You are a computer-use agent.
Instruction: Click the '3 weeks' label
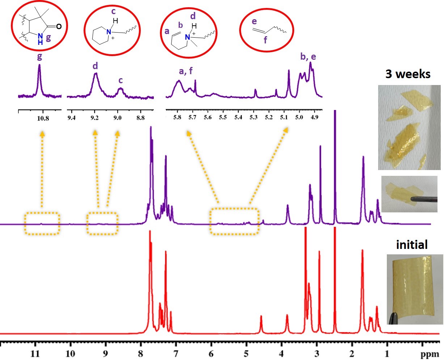click(x=407, y=74)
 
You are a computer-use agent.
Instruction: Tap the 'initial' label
click(x=412, y=245)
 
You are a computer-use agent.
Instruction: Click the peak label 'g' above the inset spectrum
click(x=39, y=56)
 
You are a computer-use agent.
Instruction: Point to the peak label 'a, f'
click(x=186, y=72)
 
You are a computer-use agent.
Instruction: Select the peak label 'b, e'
click(x=308, y=57)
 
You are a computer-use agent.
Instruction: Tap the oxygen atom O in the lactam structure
click(x=59, y=26)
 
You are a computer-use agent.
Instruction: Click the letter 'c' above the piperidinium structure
click(x=113, y=11)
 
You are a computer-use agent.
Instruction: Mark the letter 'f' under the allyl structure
click(x=265, y=41)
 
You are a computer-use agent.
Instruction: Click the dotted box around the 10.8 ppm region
click(x=42, y=224)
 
